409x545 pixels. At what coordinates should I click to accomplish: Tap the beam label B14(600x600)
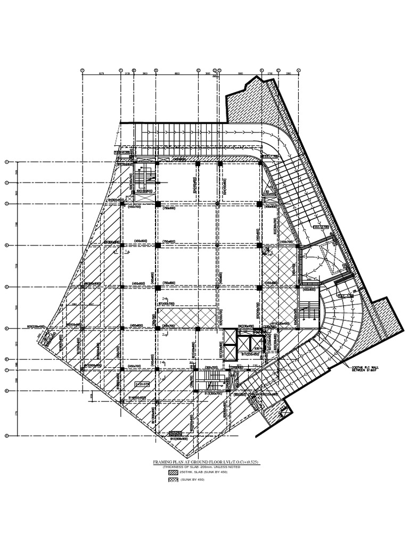(x=138, y=398)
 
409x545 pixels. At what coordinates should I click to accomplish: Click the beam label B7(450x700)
(x=167, y=303)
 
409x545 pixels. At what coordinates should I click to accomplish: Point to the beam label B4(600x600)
(x=116, y=200)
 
